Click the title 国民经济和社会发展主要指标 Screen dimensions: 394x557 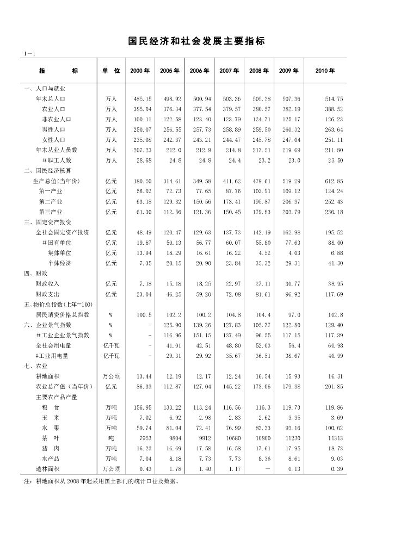point(196,41)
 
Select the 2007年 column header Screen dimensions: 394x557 point(229,71)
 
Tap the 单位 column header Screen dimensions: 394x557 point(111,71)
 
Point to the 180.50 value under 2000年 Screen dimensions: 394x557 point(142,181)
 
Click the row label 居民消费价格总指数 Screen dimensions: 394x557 point(63,314)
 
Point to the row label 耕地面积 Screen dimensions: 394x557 point(50,376)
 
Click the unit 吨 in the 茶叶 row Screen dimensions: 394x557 point(111,437)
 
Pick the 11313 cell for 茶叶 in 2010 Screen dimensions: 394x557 point(335,437)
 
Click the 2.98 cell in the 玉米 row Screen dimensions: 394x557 point(202,417)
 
